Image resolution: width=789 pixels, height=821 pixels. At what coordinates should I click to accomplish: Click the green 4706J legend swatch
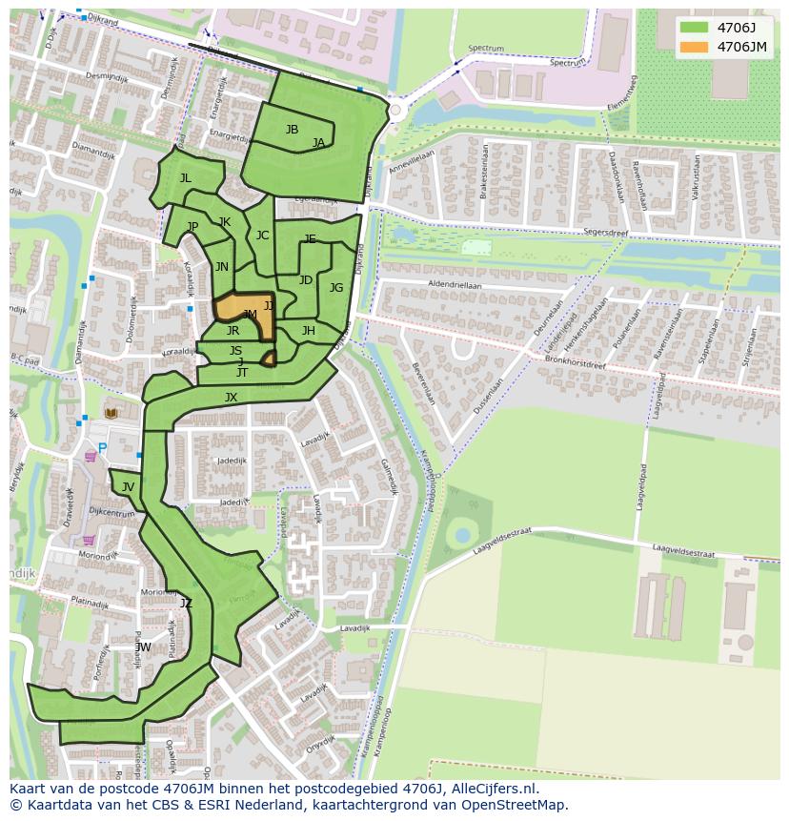click(694, 27)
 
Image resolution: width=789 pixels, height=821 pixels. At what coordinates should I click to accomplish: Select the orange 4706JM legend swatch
click(694, 46)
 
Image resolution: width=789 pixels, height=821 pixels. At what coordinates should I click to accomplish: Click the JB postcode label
click(292, 130)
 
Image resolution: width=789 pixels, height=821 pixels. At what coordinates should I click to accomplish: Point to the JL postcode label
click(185, 178)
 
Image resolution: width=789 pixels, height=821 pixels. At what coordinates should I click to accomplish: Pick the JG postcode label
click(336, 288)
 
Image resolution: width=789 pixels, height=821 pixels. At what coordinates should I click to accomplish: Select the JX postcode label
click(231, 398)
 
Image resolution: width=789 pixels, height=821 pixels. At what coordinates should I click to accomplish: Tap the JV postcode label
click(128, 487)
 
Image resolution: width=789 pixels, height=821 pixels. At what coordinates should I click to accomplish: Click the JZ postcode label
click(186, 603)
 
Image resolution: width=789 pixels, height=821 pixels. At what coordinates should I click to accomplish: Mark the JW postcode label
click(143, 647)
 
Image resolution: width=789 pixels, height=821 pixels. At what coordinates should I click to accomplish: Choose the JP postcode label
click(192, 227)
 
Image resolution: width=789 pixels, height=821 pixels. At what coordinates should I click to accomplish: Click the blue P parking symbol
click(102, 448)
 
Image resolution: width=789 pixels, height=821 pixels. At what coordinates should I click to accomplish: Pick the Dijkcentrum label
click(111, 513)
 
